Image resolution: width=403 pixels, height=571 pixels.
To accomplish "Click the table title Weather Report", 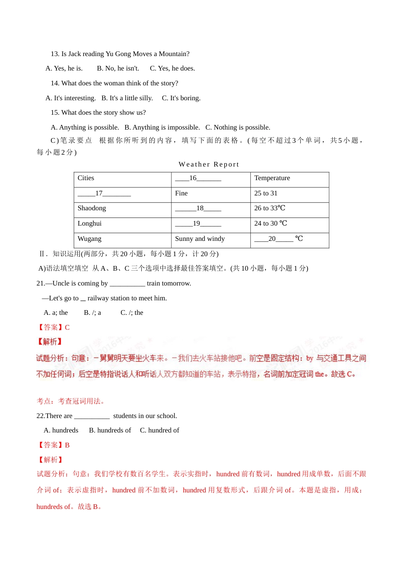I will click(x=209, y=164).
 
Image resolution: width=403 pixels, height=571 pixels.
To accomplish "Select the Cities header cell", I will click(x=86, y=178).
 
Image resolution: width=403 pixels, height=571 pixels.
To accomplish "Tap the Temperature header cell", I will click(x=272, y=178).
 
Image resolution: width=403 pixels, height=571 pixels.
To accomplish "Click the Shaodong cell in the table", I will click(x=92, y=208).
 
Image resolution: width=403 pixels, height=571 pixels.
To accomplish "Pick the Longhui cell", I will click(x=90, y=223).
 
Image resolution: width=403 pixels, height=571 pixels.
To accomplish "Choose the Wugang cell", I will click(x=90, y=239).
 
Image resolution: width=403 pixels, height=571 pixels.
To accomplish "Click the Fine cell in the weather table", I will click(x=181, y=193).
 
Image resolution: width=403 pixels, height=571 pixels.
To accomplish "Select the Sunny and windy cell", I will click(x=200, y=239).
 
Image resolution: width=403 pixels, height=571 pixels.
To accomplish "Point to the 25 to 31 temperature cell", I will click(x=266, y=193).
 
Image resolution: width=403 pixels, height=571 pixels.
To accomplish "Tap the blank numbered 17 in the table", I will click(x=104, y=193).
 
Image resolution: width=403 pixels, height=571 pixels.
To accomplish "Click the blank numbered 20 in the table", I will click(x=274, y=239).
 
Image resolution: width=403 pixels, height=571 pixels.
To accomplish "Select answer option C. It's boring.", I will click(x=181, y=98).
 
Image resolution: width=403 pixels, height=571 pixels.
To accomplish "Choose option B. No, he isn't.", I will click(x=118, y=68).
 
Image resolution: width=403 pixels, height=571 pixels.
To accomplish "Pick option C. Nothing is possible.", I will click(x=238, y=127).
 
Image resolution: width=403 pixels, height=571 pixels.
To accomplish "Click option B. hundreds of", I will click(x=110, y=430).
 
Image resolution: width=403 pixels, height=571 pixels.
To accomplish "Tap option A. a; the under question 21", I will click(x=56, y=313).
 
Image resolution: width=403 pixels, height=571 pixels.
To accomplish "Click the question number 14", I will click(x=55, y=83).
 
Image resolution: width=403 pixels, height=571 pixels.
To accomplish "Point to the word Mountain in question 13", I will click(x=172, y=54).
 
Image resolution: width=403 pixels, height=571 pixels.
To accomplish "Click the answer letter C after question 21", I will click(x=67, y=328).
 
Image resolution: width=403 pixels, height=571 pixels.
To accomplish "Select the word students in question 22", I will click(x=125, y=416).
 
